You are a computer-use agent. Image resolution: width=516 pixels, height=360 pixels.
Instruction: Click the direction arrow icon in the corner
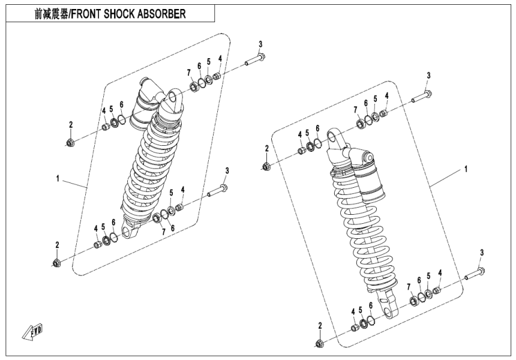(28, 332)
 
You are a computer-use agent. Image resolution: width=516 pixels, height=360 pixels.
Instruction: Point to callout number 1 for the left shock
(58, 179)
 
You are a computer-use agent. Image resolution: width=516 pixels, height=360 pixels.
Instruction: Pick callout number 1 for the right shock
(465, 170)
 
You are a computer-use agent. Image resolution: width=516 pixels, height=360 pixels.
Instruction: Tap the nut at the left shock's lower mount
(56, 263)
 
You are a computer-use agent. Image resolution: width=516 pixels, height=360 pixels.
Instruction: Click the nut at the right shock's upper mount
(266, 166)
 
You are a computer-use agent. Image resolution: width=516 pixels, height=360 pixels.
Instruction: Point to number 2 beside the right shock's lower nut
(320, 325)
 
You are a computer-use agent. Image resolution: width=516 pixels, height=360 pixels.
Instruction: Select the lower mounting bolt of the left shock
(217, 191)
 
